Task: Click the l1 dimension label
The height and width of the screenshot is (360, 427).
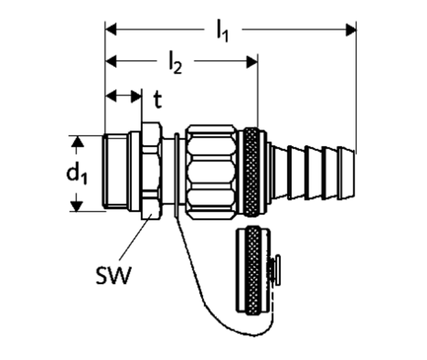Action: (222, 30)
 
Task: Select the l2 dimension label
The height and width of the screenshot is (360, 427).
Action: (175, 62)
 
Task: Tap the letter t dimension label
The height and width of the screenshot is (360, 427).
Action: (158, 100)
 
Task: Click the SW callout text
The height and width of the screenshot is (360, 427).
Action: (114, 275)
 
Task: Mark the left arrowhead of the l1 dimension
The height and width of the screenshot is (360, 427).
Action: (111, 29)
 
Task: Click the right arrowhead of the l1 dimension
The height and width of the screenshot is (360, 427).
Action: (351, 29)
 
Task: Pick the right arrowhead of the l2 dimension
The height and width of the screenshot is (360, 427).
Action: (252, 62)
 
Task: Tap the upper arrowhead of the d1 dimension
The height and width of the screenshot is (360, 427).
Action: (77, 142)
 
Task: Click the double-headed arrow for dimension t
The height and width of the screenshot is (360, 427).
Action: (123, 97)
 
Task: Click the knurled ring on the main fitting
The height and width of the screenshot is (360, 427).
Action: (251, 172)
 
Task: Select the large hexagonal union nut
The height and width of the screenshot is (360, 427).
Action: (211, 172)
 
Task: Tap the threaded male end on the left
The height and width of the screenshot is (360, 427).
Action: (115, 172)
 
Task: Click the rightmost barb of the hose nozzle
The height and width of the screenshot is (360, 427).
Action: (347, 173)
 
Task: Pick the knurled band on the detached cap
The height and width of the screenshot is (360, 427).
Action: (253, 271)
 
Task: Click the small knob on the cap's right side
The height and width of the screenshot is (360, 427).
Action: (277, 270)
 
